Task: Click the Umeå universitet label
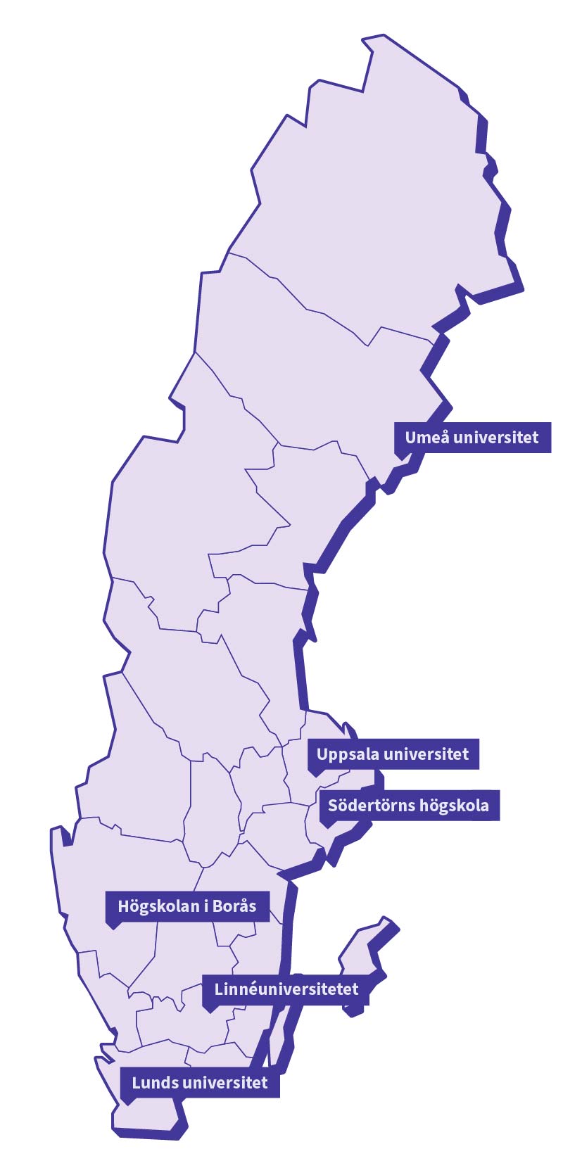point(472,438)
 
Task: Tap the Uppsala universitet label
point(393,754)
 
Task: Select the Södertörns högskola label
point(409,805)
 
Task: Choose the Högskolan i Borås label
point(187,906)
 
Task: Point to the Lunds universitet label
point(200,1082)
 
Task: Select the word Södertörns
point(365,805)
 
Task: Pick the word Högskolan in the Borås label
point(159,906)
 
